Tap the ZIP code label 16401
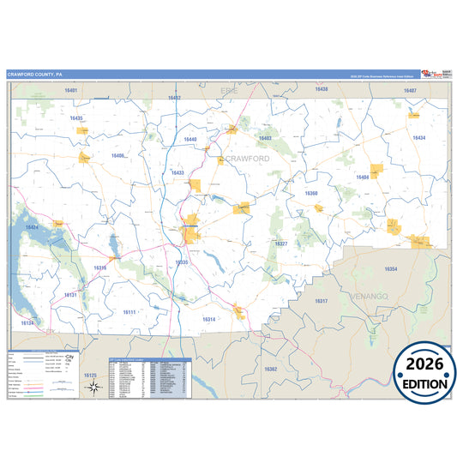[x=70, y=91]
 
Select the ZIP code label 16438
[x=321, y=89]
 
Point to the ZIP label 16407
[x=411, y=90]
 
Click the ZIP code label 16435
[x=76, y=118]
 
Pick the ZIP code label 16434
[x=418, y=137]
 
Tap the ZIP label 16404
[x=363, y=177]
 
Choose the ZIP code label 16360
[x=311, y=194]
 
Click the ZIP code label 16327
[x=281, y=244]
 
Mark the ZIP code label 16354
[x=391, y=269]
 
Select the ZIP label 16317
[x=321, y=301]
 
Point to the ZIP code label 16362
[x=270, y=369]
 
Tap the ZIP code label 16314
[x=208, y=319]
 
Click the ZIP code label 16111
[x=129, y=312]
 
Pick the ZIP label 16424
[x=32, y=226]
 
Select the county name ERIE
[x=228, y=89]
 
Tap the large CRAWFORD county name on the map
[x=248, y=159]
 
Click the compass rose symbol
[x=93, y=388]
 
